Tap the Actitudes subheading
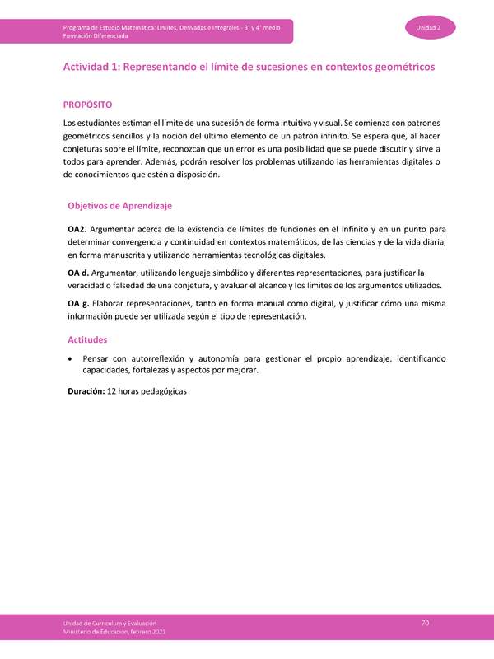click(87, 339)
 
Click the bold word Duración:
click(86, 392)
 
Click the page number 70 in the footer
click(425, 624)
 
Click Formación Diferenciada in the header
click(95, 36)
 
